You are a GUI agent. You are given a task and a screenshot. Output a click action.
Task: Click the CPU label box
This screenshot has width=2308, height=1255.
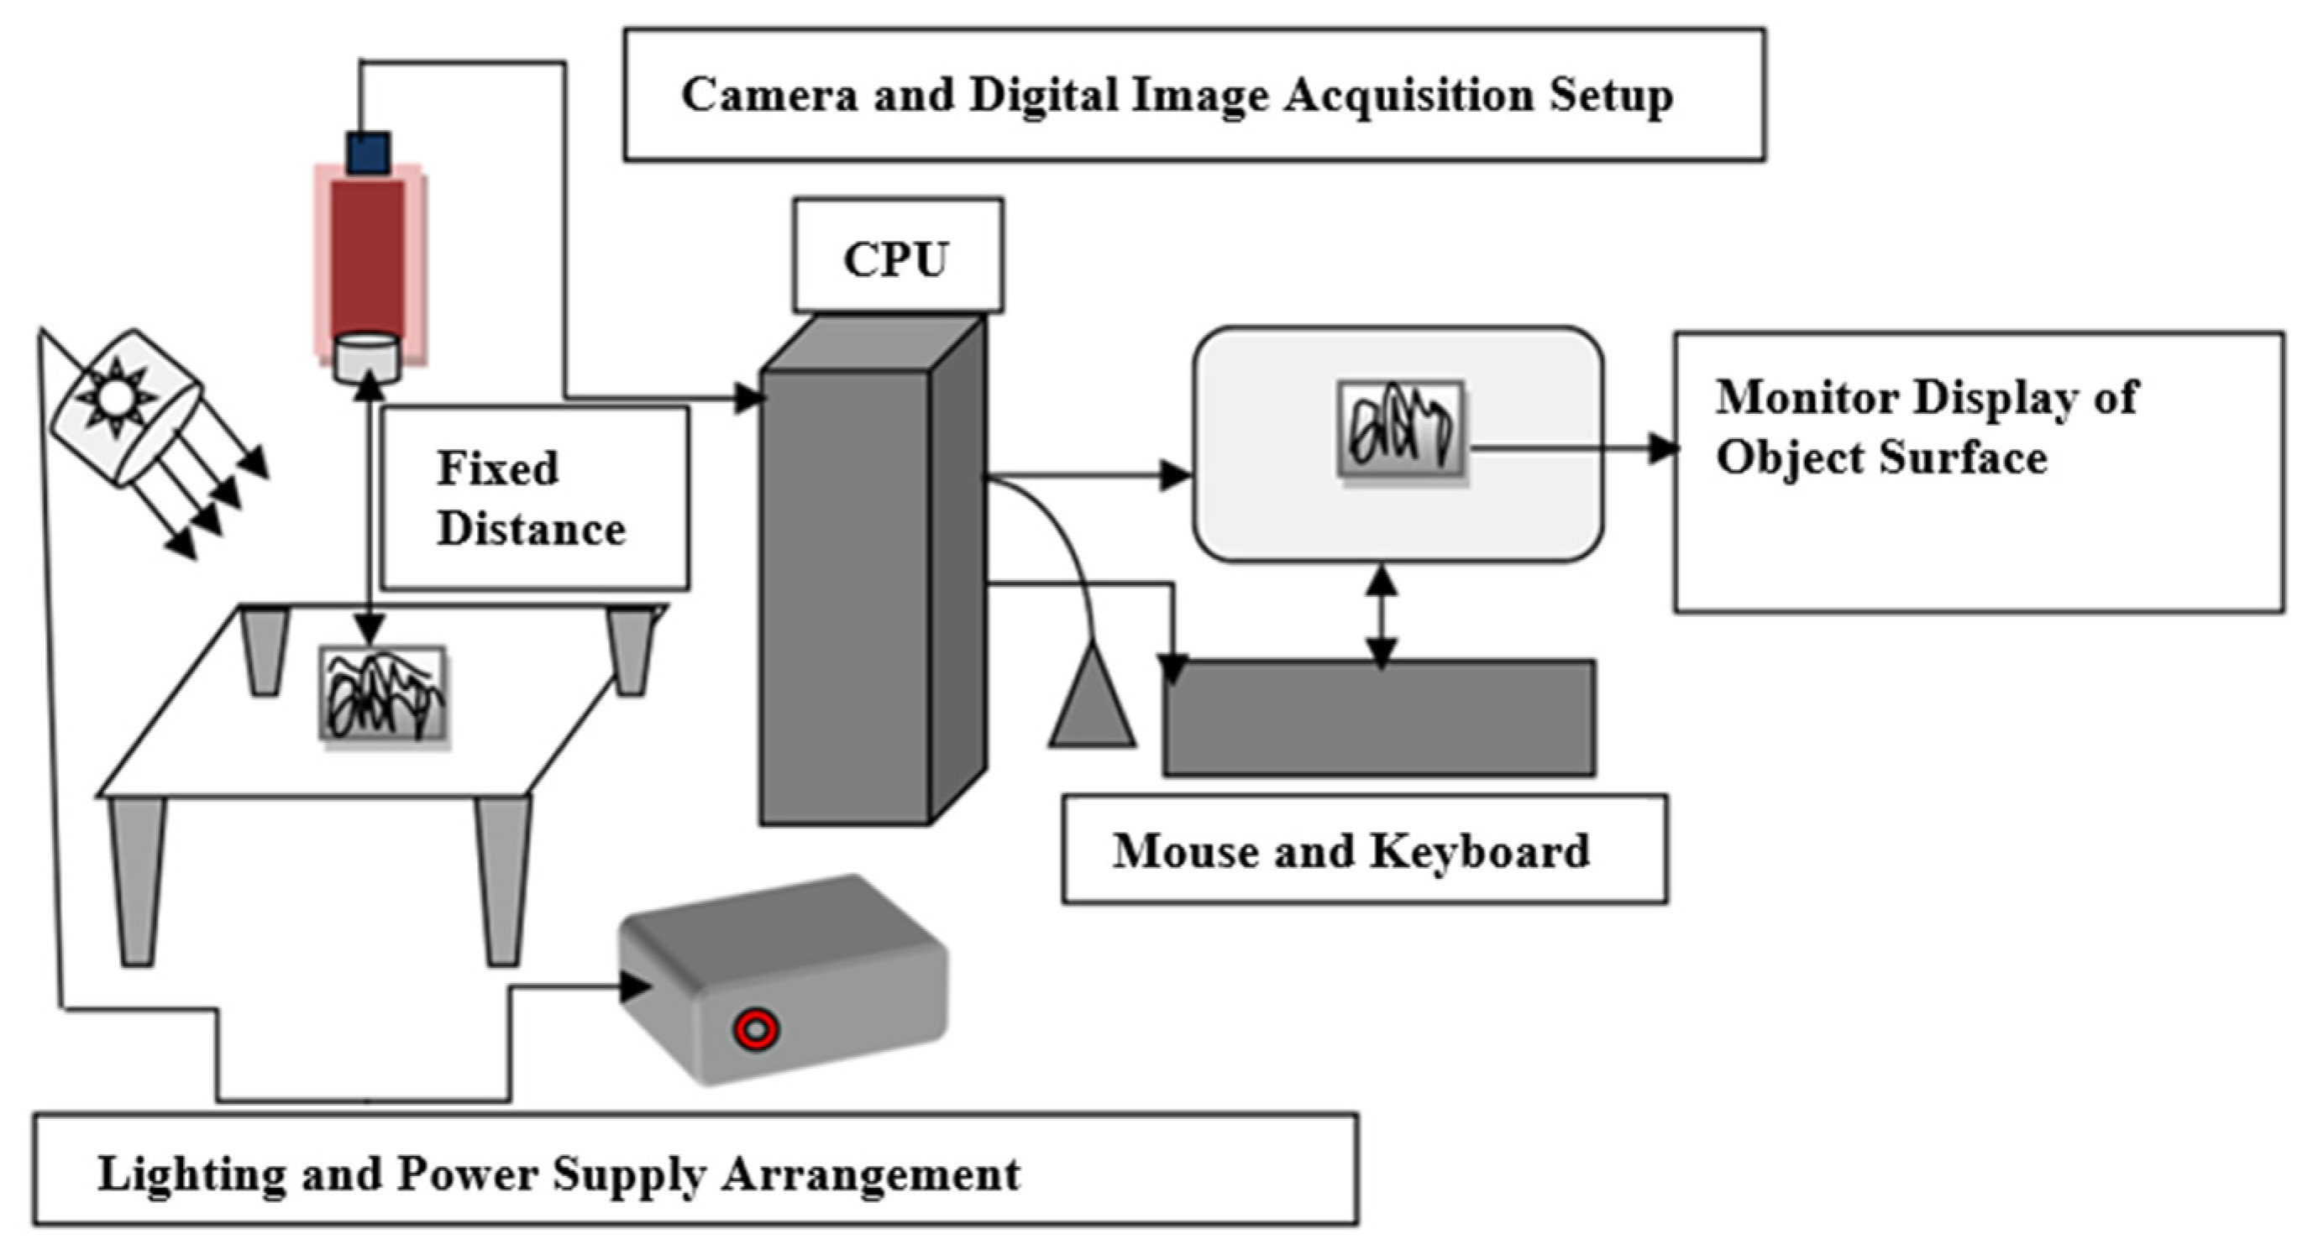897,256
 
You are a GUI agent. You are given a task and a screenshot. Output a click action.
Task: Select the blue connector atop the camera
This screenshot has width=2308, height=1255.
368,151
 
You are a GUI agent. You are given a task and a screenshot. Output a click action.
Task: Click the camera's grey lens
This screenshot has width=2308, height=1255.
367,358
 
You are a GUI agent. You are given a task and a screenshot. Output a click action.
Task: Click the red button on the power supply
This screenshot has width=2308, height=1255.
755,1029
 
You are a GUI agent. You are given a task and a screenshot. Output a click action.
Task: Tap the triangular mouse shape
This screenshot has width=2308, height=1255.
1093,698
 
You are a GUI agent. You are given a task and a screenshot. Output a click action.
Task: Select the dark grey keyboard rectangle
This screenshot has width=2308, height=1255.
1379,718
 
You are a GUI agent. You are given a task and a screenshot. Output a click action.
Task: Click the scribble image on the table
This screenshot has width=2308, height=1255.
384,693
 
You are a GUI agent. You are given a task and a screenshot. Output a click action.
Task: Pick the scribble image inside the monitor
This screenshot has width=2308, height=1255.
1400,427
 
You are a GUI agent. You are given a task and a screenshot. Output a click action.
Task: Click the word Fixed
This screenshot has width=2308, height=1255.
497,468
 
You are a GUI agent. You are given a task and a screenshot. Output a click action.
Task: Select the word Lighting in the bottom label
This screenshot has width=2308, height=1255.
191,1174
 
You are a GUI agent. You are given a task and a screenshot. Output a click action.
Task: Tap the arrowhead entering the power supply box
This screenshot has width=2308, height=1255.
635,986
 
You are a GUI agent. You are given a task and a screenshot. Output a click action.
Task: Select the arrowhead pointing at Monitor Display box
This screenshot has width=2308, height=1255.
1664,448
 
